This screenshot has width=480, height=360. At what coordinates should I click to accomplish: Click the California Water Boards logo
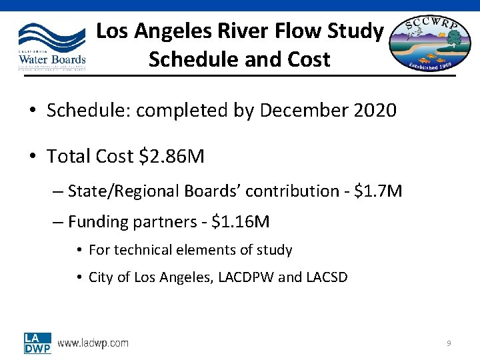click(x=52, y=45)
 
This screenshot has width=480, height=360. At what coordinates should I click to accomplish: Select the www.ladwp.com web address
click(x=93, y=343)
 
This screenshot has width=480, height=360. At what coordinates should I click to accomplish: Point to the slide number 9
click(x=449, y=343)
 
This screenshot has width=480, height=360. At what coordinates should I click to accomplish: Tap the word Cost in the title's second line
click(x=307, y=59)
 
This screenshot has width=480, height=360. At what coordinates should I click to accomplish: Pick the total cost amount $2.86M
click(x=171, y=157)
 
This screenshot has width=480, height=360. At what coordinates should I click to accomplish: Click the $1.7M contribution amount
click(x=378, y=191)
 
